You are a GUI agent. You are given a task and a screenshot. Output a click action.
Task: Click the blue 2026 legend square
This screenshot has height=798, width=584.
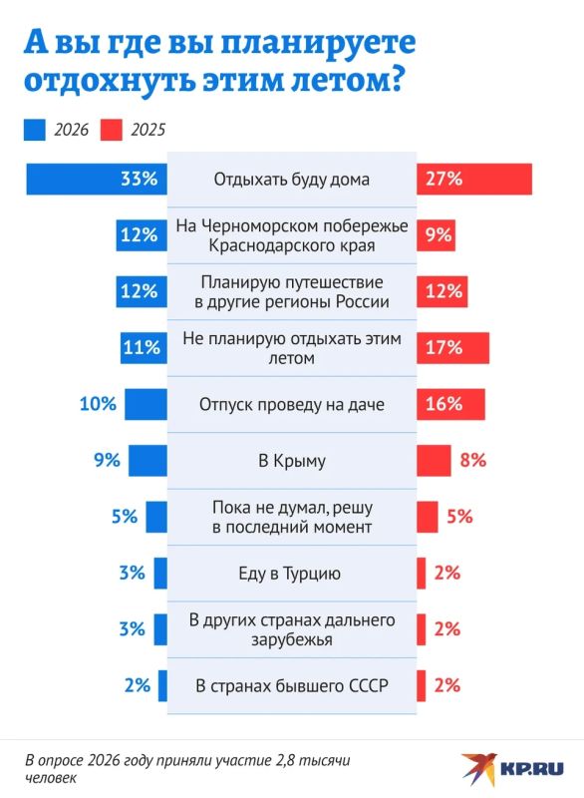35,130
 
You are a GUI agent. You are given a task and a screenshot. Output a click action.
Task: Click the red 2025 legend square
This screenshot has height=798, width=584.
112,130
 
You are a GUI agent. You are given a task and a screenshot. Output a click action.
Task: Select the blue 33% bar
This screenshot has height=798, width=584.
97,180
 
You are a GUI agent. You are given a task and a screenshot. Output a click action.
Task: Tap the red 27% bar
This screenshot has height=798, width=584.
474,180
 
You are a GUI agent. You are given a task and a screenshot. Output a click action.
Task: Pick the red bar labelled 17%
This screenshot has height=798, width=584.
452,348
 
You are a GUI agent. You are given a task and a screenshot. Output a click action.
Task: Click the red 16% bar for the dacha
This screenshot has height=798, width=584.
450,404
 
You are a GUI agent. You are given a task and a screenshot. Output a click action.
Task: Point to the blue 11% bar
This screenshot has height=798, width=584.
144,348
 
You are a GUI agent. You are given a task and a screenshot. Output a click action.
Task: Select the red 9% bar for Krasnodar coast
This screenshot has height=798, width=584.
436,235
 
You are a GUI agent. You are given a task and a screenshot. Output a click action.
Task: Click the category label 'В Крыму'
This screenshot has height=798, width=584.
292,461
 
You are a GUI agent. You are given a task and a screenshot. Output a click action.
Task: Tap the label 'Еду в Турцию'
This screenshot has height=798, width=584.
290,574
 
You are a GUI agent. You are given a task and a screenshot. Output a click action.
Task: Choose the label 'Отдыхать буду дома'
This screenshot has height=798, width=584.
292,180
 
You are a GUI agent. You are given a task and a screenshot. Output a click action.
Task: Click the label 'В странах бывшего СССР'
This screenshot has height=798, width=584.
292,686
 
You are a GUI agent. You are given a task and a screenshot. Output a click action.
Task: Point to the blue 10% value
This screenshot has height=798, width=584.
98,404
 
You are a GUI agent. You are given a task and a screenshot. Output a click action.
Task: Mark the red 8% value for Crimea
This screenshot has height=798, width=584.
473,461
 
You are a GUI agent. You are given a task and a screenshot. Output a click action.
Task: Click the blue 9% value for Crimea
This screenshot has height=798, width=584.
107,461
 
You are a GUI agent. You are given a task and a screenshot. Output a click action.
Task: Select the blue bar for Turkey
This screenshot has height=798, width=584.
160,573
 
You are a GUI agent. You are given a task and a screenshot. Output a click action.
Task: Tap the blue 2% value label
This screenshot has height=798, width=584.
138,685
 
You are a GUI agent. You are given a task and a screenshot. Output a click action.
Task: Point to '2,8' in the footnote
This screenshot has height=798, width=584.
285,761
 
